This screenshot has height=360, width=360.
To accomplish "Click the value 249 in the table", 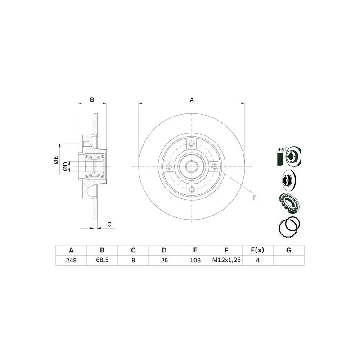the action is [x=71, y=260].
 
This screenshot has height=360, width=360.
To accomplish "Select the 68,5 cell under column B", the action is [x=102, y=260].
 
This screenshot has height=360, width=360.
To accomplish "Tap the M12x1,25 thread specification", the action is [x=226, y=260].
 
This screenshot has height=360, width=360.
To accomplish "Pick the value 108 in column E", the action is [x=195, y=260].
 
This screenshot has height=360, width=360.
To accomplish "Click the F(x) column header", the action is [x=257, y=250].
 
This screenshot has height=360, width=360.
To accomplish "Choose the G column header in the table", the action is [x=288, y=250].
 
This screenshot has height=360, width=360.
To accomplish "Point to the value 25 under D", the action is [x=164, y=260].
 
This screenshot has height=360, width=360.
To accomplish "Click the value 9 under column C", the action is [x=133, y=260].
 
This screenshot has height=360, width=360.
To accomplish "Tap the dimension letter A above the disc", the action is [x=192, y=99].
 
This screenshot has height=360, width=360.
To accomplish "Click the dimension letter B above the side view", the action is [x=92, y=99].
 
